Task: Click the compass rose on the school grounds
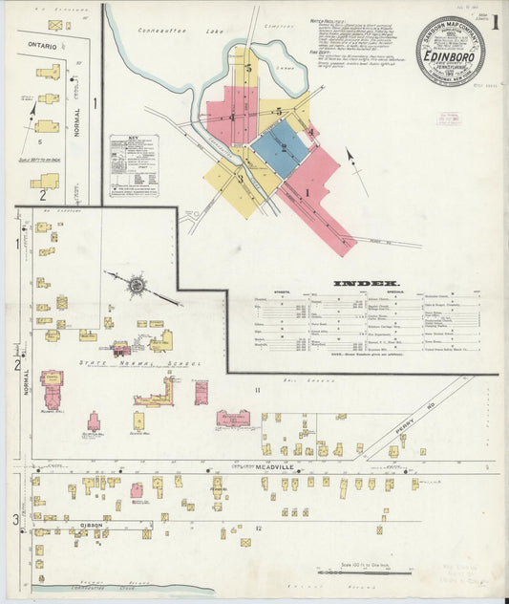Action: [137, 285]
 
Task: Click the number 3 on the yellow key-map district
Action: [240, 178]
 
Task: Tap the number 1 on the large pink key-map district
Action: [307, 191]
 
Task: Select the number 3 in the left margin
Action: [15, 519]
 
